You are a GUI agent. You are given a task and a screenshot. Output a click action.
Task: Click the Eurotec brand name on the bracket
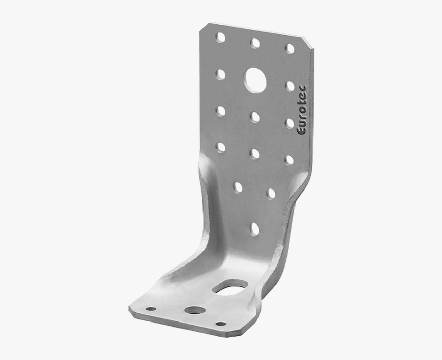pos(302,110)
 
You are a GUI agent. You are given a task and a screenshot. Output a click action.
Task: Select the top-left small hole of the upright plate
pos(220,37)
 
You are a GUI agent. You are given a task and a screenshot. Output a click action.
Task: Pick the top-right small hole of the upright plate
pos(290,49)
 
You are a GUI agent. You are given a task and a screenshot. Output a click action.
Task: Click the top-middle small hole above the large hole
pos(255,43)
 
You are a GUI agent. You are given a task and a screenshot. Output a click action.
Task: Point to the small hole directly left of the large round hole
pos(220,74)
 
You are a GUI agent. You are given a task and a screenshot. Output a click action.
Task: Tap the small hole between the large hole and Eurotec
pos(290,86)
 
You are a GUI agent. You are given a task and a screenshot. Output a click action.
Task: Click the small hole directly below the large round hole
pos(255,117)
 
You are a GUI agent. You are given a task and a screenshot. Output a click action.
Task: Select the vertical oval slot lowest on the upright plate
pos(254,229)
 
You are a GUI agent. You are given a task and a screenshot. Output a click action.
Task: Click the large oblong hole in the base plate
pos(230,288)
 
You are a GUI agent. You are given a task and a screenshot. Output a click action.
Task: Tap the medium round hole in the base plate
pos(194,311)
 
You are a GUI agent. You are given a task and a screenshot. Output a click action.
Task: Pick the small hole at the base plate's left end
pos(151,309)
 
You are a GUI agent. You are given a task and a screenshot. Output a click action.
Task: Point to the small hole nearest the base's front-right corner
pos(220,324)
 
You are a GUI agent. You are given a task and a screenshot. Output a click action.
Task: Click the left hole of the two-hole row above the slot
pos(238,187)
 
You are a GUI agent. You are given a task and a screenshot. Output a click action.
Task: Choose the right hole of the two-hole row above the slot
pos(271,193)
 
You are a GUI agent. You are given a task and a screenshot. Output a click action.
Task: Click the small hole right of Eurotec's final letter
pos(290,86)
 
